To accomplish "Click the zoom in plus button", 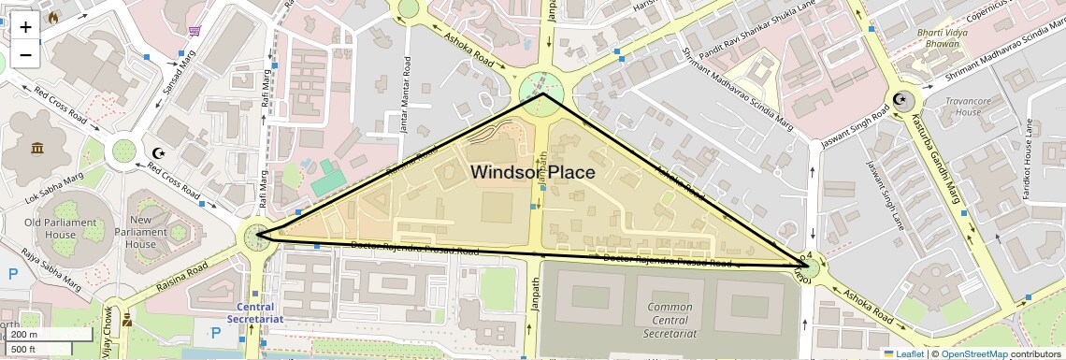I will click(x=25, y=26).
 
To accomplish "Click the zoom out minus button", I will click(x=25, y=54).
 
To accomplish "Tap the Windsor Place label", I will click(x=532, y=172).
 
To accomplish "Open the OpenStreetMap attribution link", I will click(x=973, y=353).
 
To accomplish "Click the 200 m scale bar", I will click(x=47, y=334).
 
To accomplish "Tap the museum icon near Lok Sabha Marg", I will click(x=37, y=150).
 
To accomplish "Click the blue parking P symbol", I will click(x=13, y=275).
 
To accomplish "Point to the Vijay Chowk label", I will click(x=109, y=329).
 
